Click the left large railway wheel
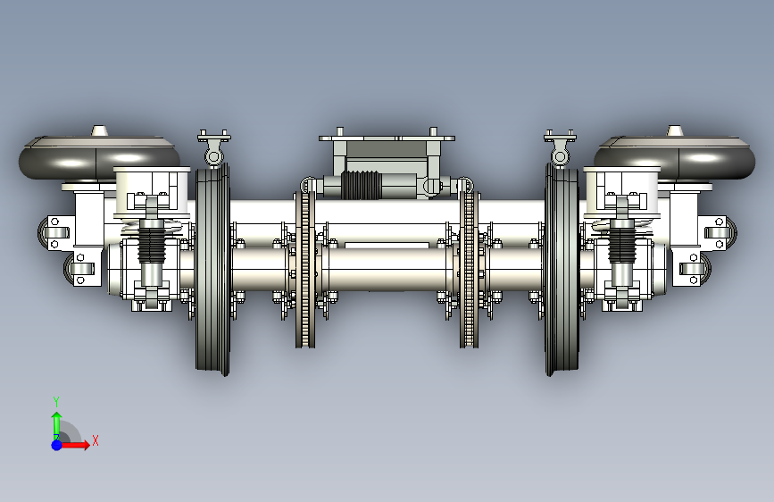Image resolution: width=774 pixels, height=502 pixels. [212, 269]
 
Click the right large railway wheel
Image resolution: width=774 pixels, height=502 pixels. [562, 269]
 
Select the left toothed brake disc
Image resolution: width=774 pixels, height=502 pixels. [305, 269]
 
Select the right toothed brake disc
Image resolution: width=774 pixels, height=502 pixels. [469, 269]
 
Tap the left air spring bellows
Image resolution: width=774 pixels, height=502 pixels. [99, 157]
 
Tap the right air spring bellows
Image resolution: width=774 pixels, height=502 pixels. [675, 157]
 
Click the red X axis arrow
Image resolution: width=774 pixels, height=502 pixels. [75, 445]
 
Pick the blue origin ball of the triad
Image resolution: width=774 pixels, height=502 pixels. [57, 445]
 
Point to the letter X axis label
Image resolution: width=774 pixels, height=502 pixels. [96, 440]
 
